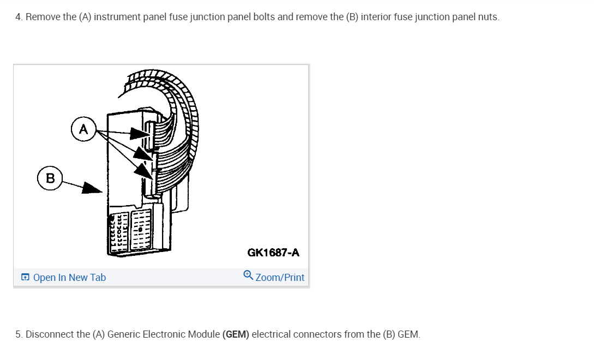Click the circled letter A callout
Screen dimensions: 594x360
pos(83,129)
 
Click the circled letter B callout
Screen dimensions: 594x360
pos(50,178)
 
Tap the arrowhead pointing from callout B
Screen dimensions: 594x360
pos(94,189)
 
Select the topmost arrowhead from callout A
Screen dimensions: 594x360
pos(141,134)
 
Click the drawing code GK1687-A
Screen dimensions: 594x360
pos(273,253)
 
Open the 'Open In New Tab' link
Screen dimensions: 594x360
pos(69,278)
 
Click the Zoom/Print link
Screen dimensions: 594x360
pos(280,278)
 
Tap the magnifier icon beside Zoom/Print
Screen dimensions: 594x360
pos(248,276)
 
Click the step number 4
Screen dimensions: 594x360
pos(19,17)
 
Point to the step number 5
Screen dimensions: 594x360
pos(19,334)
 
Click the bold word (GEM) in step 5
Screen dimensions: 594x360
pos(236,334)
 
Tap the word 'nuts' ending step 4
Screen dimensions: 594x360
pos(489,17)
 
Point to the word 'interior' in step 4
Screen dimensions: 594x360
pos(376,17)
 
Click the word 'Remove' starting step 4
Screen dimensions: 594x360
pos(43,17)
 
